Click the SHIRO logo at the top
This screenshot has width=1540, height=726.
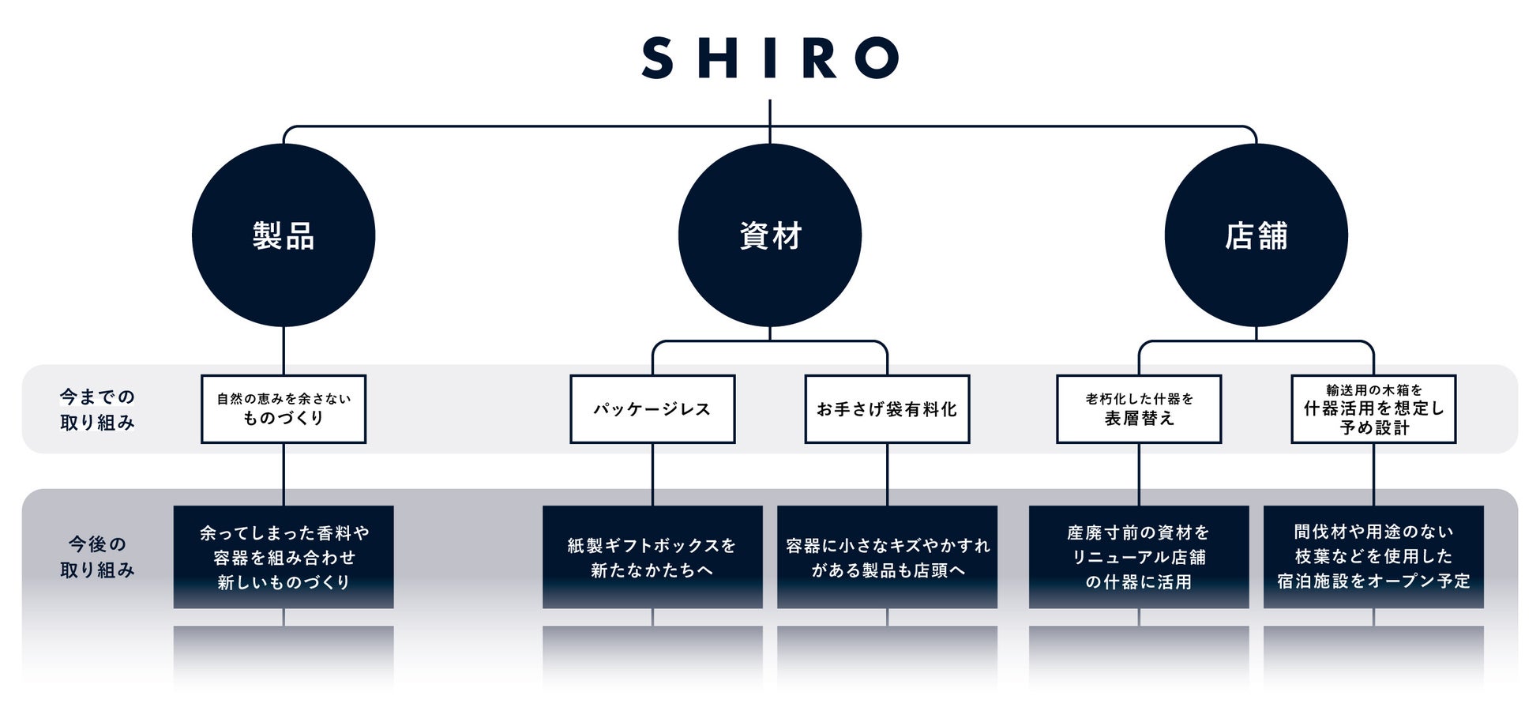coord(770,58)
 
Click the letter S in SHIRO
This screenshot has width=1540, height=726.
coord(657,58)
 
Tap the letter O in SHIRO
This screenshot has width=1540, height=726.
coord(877,58)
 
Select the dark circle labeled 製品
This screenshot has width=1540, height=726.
coord(284,235)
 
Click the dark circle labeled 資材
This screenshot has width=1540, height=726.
coord(770,235)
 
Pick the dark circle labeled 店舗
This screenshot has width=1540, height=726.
coord(1256,235)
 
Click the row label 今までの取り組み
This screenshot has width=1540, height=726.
coord(97,409)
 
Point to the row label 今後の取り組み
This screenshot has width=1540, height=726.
coord(97,556)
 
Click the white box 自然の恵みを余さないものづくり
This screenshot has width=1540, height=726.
coord(284,409)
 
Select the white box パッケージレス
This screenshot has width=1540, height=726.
coord(652,409)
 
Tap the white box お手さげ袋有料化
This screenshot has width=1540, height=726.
coord(887,409)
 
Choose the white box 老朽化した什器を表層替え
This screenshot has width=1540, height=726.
coord(1139,409)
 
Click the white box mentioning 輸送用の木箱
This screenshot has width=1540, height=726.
coord(1373,409)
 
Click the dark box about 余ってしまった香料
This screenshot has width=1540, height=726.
coord(284,557)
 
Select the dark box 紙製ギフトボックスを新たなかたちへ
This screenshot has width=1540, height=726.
coord(652,557)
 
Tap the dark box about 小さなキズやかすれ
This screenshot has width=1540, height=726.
coord(887,557)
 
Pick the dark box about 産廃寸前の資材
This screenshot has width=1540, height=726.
coord(1139,557)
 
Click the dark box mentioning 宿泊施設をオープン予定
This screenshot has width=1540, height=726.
coord(1373,557)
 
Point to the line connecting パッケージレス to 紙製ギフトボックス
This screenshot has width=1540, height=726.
coord(652,474)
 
